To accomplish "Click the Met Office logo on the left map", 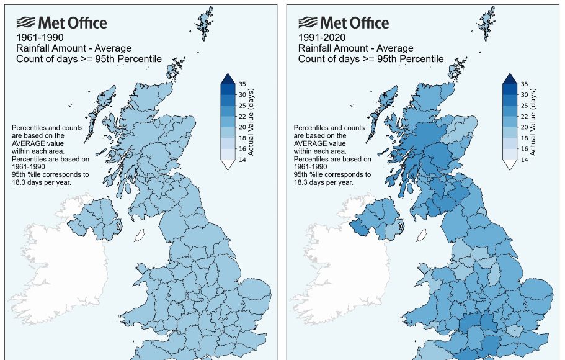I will click(x=61, y=24).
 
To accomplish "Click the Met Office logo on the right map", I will click(x=344, y=24).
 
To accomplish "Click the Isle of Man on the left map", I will click(x=140, y=236).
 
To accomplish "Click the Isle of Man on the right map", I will click(x=422, y=236).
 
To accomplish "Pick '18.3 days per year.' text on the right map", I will click(x=323, y=182).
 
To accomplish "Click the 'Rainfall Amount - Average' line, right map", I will click(x=355, y=48).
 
